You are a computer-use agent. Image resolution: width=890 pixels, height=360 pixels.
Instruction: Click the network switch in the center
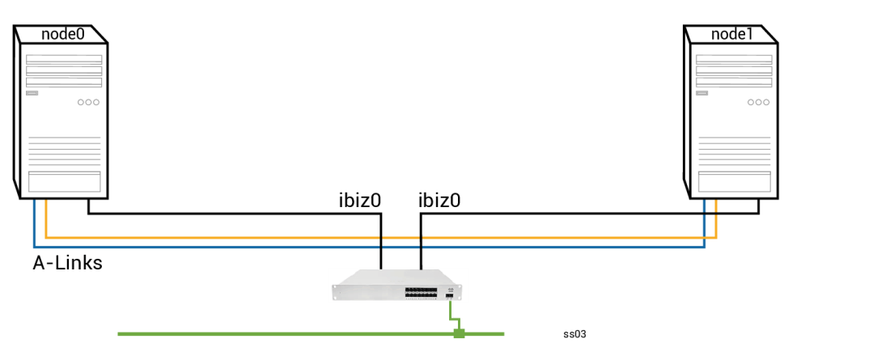click(398, 285)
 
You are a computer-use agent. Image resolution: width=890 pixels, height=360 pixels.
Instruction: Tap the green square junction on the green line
click(459, 333)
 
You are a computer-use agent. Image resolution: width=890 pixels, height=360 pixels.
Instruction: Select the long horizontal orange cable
click(243, 238)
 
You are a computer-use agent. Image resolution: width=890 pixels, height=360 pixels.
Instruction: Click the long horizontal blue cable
click(243, 247)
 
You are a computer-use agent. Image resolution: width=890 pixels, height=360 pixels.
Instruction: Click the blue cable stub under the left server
click(34, 218)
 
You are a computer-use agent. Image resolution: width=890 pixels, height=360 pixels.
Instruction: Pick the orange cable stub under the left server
click(46, 217)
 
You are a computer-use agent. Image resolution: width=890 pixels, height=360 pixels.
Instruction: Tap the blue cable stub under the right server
click(704, 218)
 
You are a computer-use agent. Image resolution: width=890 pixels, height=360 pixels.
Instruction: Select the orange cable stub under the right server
click(716, 217)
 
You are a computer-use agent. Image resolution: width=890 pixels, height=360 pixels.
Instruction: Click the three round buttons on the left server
click(88, 103)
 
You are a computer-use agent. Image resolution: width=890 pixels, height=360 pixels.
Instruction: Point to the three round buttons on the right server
click(758, 103)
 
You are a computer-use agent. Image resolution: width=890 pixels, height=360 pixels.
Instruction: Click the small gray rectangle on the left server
click(32, 93)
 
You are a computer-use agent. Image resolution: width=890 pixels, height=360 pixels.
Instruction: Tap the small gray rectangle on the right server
click(702, 93)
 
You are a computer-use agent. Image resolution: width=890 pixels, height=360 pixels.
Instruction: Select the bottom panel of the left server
click(64, 182)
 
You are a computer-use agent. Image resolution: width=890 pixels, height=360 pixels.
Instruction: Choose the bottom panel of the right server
click(734, 182)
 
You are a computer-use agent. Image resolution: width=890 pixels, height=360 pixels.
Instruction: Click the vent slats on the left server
click(64, 150)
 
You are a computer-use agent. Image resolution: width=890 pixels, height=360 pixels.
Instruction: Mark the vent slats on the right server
click(734, 150)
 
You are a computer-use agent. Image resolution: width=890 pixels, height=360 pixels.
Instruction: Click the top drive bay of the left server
click(64, 59)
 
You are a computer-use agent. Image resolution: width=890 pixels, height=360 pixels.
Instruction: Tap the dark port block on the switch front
click(421, 292)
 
